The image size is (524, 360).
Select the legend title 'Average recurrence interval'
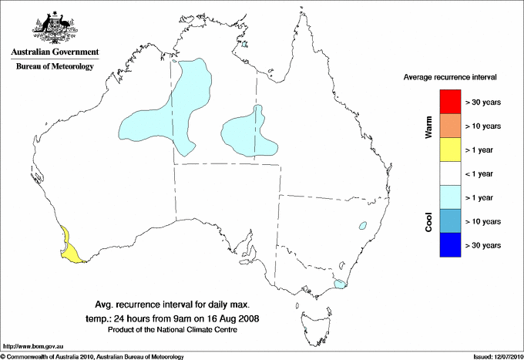tap(450, 78)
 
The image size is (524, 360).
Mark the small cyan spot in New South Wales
tap(361, 226)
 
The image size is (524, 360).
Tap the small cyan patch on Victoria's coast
tap(339, 284)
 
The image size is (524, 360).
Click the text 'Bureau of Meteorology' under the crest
tap(55, 67)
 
